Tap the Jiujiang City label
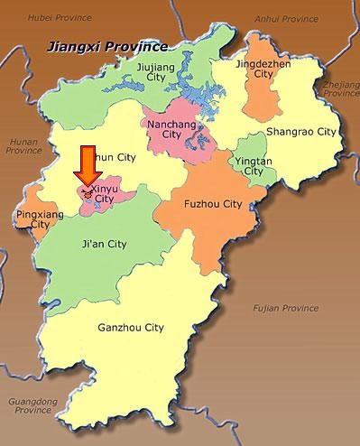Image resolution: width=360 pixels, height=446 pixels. (x=156, y=70)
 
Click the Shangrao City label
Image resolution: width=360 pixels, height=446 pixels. (x=302, y=131)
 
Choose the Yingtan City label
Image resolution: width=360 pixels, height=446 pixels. (x=248, y=165)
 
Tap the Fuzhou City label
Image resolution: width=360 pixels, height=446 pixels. (x=213, y=204)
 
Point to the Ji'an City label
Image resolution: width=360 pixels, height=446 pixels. (x=105, y=244)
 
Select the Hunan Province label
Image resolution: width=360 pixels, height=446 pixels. (x=22, y=144)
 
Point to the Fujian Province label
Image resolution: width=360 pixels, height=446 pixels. (x=287, y=308)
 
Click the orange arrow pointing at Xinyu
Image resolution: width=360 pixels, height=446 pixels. (x=88, y=165)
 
